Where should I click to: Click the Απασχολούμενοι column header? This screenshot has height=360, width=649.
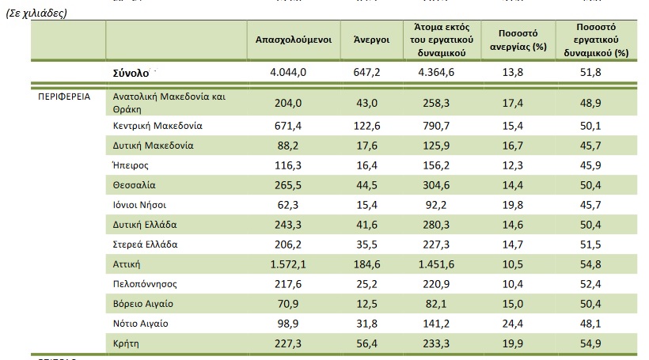point(293,39)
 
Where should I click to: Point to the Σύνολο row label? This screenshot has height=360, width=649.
point(131,73)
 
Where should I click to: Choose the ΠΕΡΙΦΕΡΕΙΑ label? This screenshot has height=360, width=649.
point(64,97)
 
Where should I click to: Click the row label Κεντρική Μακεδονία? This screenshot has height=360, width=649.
point(158,126)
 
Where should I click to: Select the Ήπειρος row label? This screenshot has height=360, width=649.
point(131,165)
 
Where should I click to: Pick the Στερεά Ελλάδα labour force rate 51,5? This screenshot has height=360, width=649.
point(598,244)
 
